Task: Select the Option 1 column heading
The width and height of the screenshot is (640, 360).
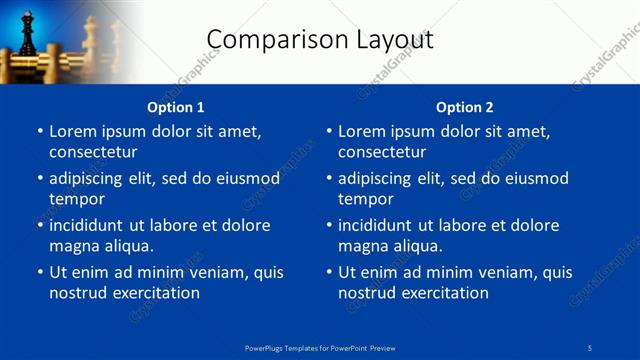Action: [x=176, y=107]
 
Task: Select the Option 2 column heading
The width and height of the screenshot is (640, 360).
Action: [x=465, y=107]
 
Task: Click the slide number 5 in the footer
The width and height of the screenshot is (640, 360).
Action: [x=590, y=348]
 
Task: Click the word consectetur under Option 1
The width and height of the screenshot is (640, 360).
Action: [x=93, y=152]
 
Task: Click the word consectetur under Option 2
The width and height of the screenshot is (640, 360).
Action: [x=382, y=152]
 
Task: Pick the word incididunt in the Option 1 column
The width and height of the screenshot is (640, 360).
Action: [x=91, y=225]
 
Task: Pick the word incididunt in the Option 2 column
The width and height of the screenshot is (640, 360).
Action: [x=380, y=225]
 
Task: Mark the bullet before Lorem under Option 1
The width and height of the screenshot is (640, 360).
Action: [x=39, y=132]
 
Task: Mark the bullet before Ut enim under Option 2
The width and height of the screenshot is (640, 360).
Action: [x=328, y=272]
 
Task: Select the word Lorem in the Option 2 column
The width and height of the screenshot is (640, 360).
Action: [x=360, y=131]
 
